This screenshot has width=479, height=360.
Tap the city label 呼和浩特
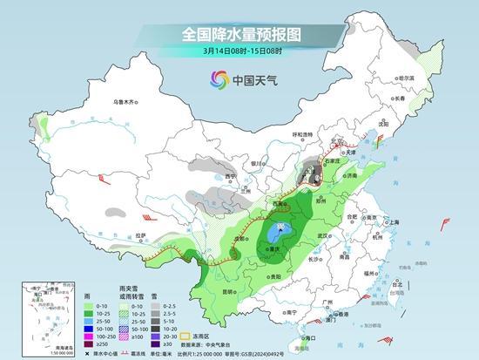302,134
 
